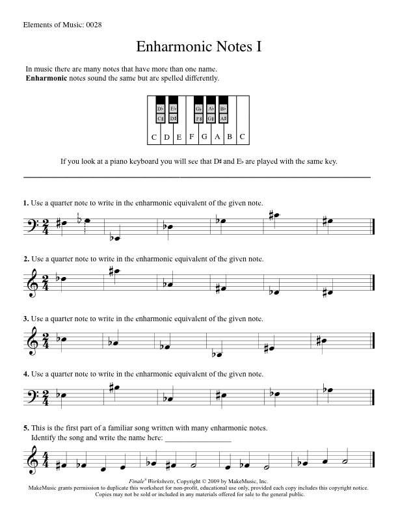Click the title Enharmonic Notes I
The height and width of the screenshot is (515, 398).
tap(199, 47)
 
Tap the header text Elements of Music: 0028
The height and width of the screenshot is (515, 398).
tap(62, 25)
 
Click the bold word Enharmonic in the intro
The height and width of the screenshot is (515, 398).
tap(46, 78)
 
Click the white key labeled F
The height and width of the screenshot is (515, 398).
tap(192, 136)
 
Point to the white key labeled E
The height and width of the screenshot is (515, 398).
tap(179, 137)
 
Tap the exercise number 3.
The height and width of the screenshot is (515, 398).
tap(26, 319)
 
